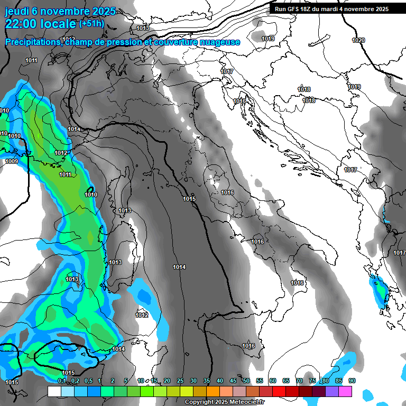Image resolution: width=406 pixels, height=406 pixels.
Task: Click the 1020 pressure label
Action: tap(358, 40)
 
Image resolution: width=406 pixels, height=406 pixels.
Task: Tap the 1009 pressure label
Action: tap(12, 161)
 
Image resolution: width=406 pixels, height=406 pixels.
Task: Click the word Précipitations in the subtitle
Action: tap(33, 42)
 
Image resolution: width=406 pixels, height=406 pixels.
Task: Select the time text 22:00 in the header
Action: tap(22, 23)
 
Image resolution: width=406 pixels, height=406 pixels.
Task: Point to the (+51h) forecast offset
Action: tap(91, 23)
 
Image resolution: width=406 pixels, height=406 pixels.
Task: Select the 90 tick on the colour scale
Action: tap(352, 381)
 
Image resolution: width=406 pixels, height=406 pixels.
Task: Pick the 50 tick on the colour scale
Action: tap(246, 381)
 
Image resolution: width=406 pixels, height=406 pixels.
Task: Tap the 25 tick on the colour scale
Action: tap(180, 381)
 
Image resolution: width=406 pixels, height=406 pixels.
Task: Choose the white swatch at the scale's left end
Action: tap(54, 392)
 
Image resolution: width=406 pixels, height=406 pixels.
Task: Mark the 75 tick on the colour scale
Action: tap(312, 381)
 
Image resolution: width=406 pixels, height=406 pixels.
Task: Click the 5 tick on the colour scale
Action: tap(126, 381)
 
